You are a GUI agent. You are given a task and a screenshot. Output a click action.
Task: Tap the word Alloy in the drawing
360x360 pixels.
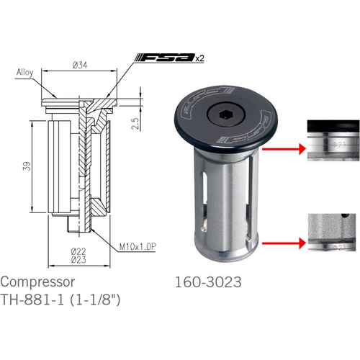24,71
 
